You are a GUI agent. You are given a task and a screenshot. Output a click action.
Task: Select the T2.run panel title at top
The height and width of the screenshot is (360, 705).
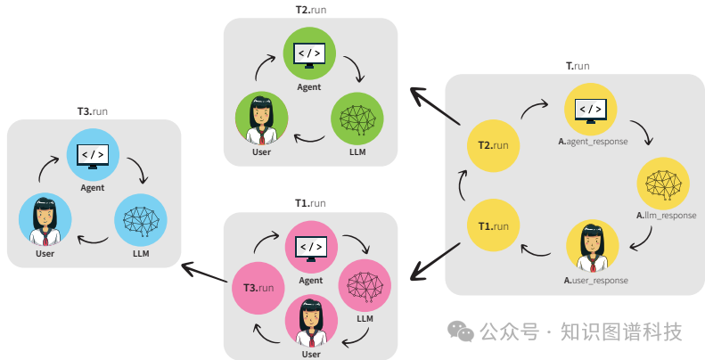[x=311, y=9]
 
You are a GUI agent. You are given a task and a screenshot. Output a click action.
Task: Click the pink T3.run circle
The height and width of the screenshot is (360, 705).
[x=258, y=288]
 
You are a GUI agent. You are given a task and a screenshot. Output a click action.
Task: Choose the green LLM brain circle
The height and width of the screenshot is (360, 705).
[x=357, y=120]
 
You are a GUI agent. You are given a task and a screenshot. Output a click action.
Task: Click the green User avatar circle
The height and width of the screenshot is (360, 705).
[x=261, y=119]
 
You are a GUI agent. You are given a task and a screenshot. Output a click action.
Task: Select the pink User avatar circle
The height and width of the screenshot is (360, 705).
[x=310, y=321]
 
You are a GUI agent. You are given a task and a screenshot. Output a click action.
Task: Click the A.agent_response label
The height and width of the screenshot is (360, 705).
[x=593, y=141]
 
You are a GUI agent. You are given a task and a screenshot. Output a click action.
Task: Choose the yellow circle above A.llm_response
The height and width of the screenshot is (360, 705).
[x=662, y=184]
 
